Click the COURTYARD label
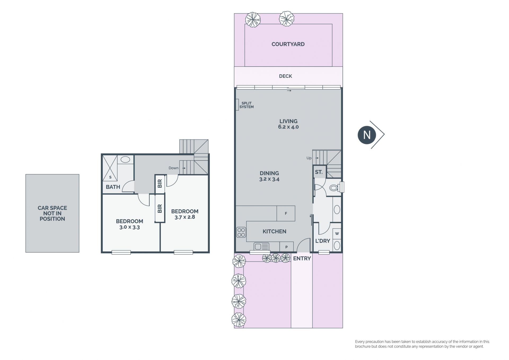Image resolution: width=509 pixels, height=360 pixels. click(288, 44)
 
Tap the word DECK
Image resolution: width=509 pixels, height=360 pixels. click(286, 76)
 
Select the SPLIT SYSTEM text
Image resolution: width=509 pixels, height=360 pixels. click(247, 105)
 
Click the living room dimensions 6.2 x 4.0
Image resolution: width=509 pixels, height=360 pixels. click(288, 127)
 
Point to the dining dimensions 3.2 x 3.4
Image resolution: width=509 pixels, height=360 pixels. click(269, 179)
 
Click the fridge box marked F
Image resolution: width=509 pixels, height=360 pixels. click(286, 213)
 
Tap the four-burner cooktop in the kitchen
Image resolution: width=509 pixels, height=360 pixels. click(241, 232)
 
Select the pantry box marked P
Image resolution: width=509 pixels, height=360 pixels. click(286, 247)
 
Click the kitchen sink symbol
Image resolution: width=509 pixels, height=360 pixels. click(261, 246)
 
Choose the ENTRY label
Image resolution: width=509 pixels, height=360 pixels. click(302, 258)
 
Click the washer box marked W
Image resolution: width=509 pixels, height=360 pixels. click(337, 234)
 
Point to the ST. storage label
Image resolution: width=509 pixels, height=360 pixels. click(319, 172)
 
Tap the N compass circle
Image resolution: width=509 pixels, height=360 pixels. click(367, 135)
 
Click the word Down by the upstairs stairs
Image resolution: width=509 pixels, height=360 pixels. click(174, 168)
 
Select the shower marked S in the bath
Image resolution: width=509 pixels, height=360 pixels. click(110, 168)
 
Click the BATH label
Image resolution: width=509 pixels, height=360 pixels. click(113, 187)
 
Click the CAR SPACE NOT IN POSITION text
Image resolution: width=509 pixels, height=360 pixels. click(52, 213)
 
